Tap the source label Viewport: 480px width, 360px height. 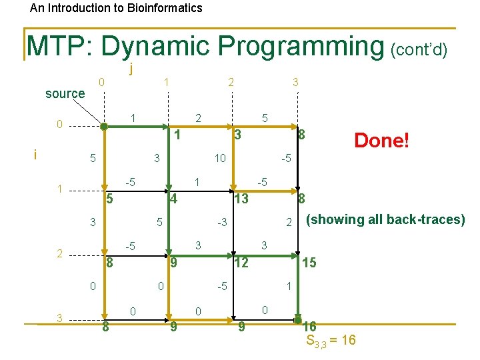tap(65, 94)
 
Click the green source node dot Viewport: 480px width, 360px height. tap(103, 125)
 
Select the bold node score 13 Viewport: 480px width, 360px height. tap(241, 199)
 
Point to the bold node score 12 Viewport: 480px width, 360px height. tap(241, 263)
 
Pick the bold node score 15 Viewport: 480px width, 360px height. tap(309, 263)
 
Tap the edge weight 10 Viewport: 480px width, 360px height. tap(219, 159)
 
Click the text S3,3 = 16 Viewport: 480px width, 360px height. tap(331, 341)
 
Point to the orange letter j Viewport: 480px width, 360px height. tap(132, 69)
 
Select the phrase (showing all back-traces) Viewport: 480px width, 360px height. tap(385, 219)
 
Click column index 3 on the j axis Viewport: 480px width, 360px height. tap(295, 82)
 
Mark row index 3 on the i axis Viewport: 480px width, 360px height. tap(59, 318)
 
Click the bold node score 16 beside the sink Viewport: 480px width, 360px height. tap(309, 327)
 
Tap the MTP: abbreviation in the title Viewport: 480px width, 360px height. tap(61, 47)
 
